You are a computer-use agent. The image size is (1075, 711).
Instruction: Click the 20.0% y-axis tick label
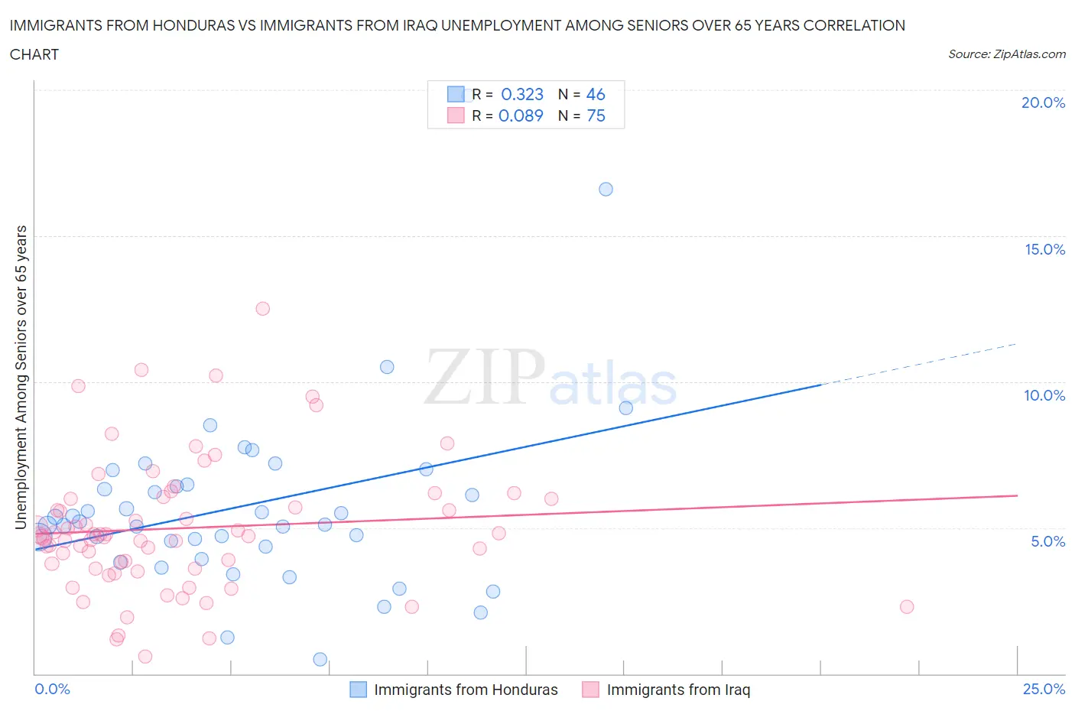click(1043, 102)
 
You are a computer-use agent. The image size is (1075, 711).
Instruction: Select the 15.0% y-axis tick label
click(1044, 249)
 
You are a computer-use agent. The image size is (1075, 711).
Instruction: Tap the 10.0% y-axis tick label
click(1044, 395)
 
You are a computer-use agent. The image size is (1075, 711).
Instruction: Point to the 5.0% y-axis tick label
click(1047, 541)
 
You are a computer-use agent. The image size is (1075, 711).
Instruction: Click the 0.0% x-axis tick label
click(52, 689)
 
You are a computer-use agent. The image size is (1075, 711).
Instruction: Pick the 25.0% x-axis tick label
click(1044, 689)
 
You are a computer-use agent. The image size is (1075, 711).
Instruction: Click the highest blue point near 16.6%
click(606, 189)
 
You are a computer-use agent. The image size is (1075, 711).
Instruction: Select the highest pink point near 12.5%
click(262, 309)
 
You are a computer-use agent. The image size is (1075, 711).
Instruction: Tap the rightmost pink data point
click(907, 607)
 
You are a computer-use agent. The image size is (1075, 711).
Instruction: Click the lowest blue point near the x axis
click(320, 659)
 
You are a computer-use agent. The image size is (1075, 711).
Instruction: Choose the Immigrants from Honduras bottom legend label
click(466, 690)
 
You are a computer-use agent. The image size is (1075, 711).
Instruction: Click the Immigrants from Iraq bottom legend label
click(678, 690)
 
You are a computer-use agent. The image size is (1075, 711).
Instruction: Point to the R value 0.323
click(522, 94)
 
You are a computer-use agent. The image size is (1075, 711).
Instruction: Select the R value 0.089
click(521, 115)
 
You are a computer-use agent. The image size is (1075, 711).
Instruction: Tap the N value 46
click(596, 94)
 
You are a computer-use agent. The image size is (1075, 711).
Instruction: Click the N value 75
click(596, 115)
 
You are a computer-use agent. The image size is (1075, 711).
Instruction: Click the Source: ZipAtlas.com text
click(1006, 54)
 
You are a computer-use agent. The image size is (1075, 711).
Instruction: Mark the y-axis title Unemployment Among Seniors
click(21, 377)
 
